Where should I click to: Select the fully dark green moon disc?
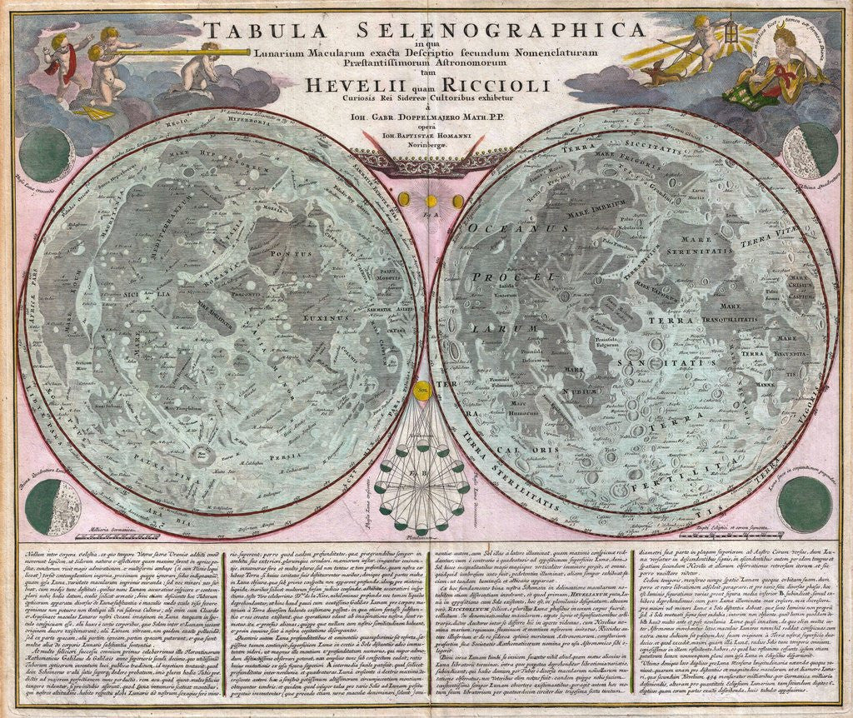[x=805, y=504]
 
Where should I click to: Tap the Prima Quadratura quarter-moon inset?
[x=52, y=505]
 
